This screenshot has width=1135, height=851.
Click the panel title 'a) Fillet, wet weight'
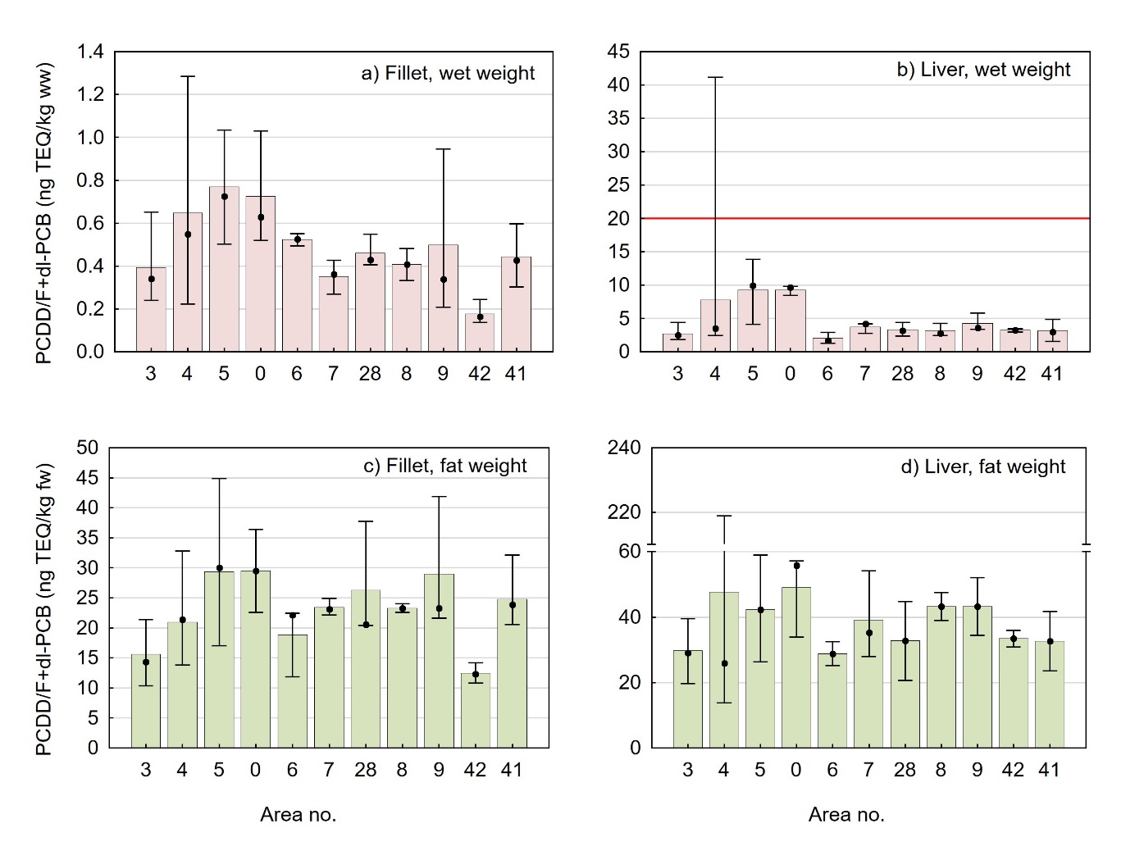448,74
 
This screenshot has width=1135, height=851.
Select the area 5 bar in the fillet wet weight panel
224,271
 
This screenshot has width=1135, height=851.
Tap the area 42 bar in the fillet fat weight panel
475,711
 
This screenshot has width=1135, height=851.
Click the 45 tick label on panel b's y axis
618,52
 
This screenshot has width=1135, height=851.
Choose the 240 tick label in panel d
624,448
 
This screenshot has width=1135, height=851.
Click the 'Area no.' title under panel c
298,815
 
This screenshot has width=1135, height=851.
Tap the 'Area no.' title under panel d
846,815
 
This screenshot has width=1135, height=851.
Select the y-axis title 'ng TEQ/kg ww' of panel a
44,213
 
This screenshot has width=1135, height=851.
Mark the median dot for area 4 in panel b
716,329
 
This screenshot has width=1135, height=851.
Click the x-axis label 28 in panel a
370,375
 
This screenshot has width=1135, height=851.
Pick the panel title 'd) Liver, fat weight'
982,467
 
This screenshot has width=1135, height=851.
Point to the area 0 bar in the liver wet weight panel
790,321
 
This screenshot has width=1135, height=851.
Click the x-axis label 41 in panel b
1051,375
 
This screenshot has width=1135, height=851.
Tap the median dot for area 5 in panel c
219,568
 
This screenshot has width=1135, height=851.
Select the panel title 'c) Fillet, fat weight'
445,466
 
